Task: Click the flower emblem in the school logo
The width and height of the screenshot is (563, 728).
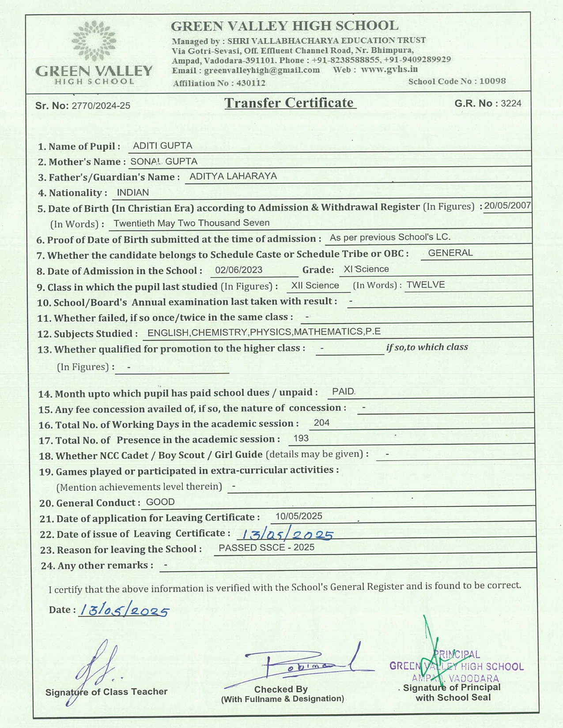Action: [94, 41]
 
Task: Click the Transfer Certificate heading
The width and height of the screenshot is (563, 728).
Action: [290, 103]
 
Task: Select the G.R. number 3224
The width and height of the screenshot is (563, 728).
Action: [511, 103]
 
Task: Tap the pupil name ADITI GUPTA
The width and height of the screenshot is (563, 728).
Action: [162, 146]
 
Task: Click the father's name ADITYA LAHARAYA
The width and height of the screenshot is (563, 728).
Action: [233, 176]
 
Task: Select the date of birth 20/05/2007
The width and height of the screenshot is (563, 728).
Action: [507, 206]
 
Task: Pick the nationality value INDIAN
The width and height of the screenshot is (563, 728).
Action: [132, 192]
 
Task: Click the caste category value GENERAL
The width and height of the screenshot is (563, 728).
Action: [450, 253]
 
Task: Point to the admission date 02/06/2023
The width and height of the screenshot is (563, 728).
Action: [238, 270]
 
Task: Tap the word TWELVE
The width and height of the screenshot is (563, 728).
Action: [425, 285]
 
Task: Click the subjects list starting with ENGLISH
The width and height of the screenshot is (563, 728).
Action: [264, 332]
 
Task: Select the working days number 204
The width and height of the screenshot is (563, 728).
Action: [321, 423]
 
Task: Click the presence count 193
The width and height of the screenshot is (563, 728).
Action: [301, 438]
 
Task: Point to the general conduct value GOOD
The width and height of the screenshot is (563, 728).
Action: [160, 502]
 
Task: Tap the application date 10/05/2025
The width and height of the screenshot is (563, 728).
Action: [299, 516]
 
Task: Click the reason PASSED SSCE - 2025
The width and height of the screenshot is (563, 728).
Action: [267, 548]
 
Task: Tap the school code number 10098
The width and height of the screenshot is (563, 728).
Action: [492, 81]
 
